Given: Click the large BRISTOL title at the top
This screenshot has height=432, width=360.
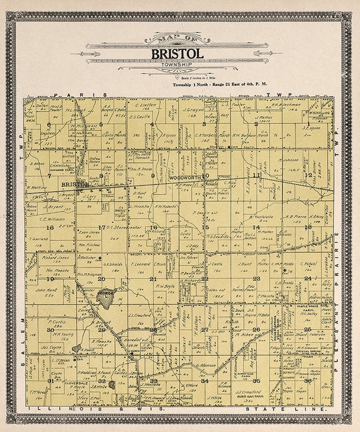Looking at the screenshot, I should click(177, 54).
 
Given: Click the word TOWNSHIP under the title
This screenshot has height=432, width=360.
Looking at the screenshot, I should click(177, 65).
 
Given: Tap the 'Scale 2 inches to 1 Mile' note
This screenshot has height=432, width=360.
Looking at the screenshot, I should click(177, 76).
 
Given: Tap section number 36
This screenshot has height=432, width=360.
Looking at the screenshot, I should click(308, 380).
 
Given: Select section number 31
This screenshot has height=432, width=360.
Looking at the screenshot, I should click(50, 381).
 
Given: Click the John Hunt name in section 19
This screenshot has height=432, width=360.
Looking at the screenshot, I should click(45, 290).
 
